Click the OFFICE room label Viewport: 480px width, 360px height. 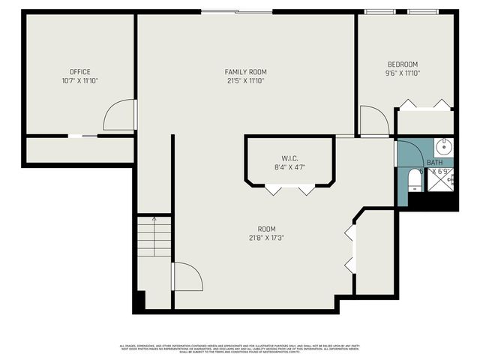tap(80, 72)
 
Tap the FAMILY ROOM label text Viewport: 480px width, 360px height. tap(246, 72)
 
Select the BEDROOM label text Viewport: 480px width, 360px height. tap(403, 64)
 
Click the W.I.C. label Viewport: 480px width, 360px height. tap(290, 158)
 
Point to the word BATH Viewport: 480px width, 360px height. tap(435, 163)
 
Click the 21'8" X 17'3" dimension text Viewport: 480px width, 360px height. tap(266, 238)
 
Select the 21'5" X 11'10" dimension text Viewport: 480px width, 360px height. tap(246, 80)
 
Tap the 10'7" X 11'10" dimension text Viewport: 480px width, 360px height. tap(80, 80)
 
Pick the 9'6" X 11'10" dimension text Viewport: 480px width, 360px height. tap(403, 73)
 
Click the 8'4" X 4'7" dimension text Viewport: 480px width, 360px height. tap(290, 167)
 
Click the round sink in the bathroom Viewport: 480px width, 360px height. tap(444, 145)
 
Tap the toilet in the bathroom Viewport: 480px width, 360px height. tap(413, 180)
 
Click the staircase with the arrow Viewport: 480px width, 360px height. tap(154, 235)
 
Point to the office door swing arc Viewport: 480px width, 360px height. tap(120, 115)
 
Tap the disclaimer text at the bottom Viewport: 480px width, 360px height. tap(240, 349)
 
